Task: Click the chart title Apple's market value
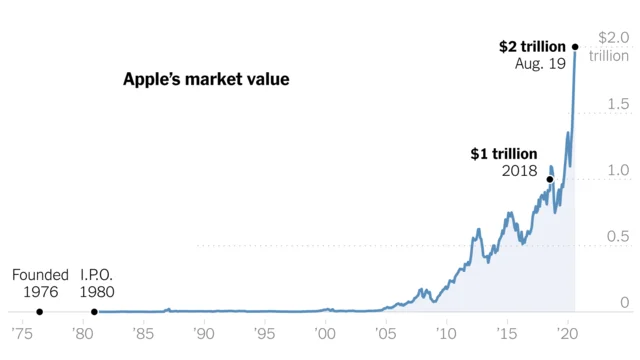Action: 205,78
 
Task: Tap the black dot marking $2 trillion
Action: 575,46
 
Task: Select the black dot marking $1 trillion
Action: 550,179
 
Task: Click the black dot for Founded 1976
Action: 39,312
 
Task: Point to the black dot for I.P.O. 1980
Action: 94,312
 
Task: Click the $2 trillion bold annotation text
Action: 533,46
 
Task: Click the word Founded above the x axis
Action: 40,275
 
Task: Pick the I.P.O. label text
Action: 97,275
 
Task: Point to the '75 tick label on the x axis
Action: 20,332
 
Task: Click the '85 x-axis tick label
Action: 142,332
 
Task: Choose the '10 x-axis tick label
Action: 446,332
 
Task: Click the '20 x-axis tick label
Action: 567,332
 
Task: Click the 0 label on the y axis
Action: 624,302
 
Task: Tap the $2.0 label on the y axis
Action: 612,38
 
